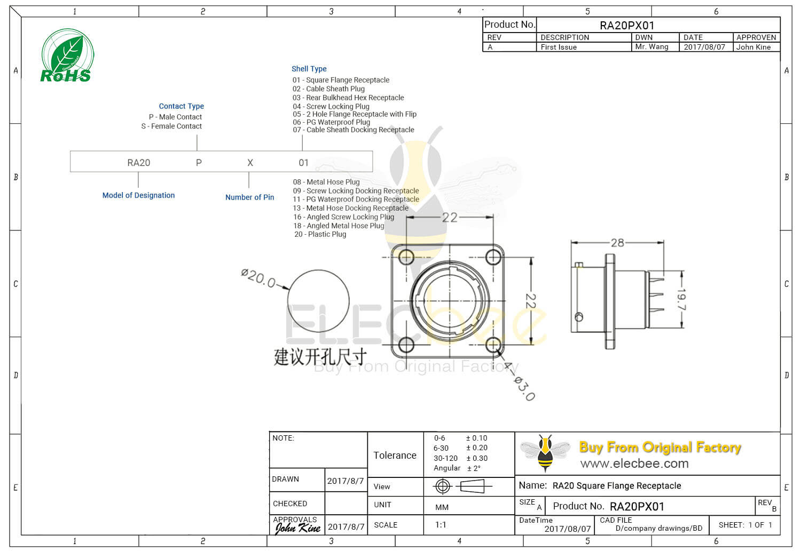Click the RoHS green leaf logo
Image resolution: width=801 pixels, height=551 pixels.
tap(67, 56)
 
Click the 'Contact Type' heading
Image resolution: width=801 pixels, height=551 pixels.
tap(181, 106)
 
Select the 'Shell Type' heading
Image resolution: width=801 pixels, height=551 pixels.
tap(309, 69)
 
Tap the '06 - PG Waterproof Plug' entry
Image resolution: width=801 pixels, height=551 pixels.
tap(331, 122)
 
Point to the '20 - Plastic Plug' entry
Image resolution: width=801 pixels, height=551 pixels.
tap(320, 234)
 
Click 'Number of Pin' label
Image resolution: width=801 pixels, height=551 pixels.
tap(249, 197)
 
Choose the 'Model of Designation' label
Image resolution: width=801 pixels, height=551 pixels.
tap(138, 195)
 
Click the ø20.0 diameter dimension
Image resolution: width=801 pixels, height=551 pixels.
tap(258, 278)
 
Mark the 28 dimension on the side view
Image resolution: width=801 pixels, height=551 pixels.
tap(617, 243)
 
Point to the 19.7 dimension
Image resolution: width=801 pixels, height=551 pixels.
tap(681, 299)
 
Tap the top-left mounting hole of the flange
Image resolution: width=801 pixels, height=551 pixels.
tap(406, 257)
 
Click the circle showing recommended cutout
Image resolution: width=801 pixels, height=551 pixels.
tap(318, 301)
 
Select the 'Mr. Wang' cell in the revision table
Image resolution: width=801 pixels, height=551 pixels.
tap(651, 47)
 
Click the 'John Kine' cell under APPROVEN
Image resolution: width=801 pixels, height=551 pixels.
tap(753, 47)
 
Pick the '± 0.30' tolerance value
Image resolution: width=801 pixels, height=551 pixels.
tap(476, 458)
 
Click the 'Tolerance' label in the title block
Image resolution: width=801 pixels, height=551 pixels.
tap(395, 455)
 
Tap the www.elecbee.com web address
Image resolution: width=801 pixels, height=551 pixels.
tap(634, 464)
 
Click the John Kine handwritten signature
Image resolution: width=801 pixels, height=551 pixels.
tap(297, 528)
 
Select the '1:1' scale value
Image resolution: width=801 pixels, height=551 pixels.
tap(441, 525)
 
